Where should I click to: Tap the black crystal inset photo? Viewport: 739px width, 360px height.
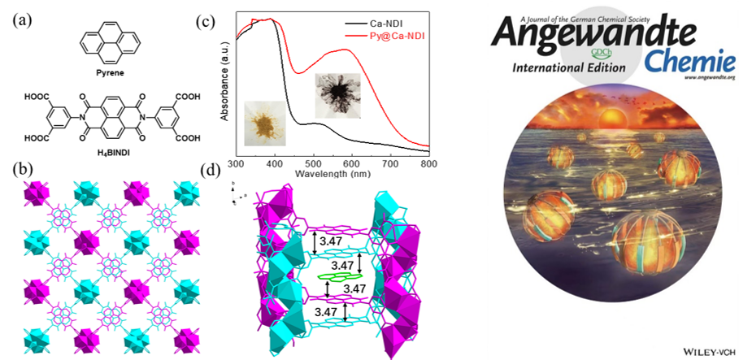pyautogui.click(x=334, y=93)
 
